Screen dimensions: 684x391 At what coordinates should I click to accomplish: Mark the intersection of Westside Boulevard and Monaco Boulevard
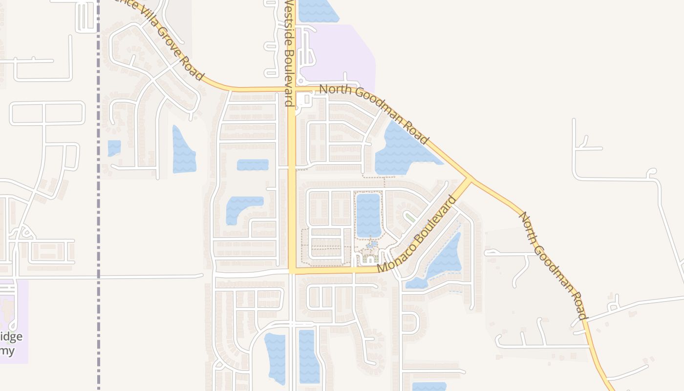tap(292, 270)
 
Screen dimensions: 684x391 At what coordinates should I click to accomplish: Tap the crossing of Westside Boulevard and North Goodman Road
tap(292, 89)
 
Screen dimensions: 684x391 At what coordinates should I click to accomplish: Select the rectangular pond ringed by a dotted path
tap(368, 215)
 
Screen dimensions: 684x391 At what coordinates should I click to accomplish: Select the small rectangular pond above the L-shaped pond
tap(253, 165)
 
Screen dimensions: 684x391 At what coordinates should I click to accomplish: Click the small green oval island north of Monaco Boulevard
tap(410, 217)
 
